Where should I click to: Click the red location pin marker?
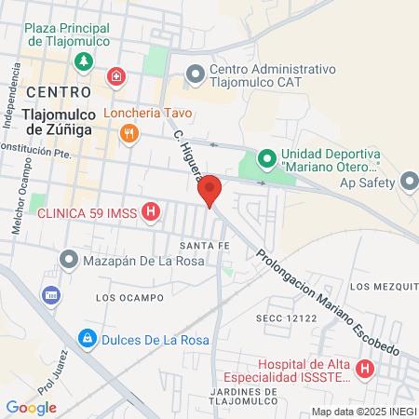210,190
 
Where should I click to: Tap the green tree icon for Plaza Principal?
85,61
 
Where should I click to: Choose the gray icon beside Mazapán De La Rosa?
68,258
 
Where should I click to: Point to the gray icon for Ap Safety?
410,181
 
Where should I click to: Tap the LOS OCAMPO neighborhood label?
123,297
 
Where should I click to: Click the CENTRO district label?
59,91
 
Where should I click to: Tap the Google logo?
31,407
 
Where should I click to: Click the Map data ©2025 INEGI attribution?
362,412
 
